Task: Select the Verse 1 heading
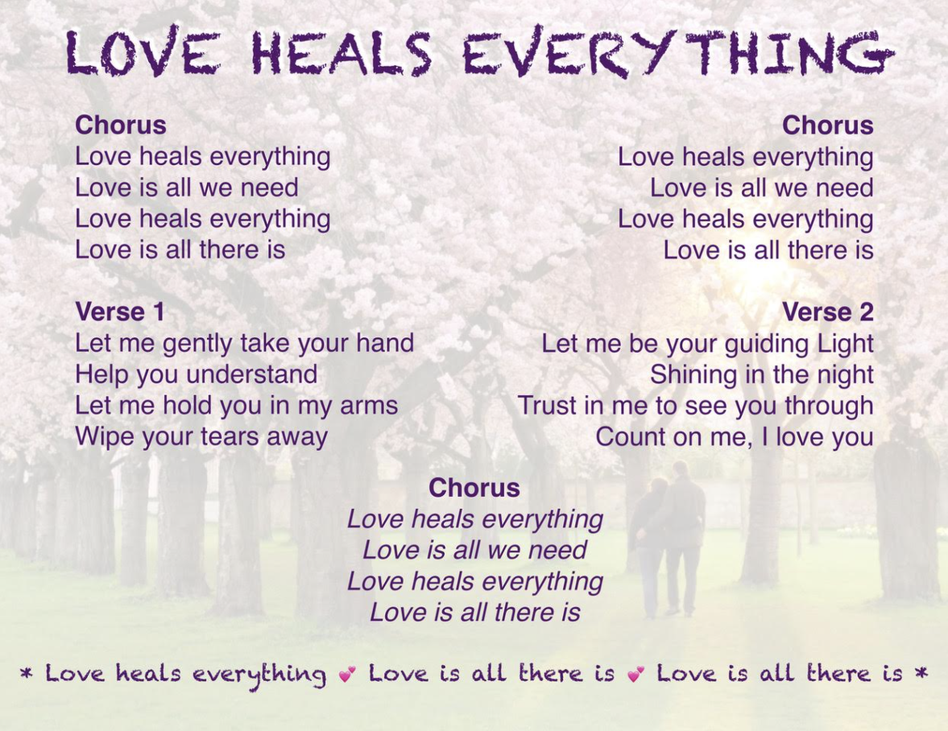click(x=120, y=312)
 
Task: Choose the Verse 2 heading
click(x=828, y=312)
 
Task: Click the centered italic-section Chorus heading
click(x=474, y=488)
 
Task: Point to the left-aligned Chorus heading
click(x=120, y=125)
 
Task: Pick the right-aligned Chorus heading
click(x=828, y=125)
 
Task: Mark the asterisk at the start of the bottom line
click(x=26, y=671)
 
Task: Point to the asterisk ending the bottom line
click(x=921, y=671)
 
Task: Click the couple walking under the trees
click(x=667, y=539)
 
